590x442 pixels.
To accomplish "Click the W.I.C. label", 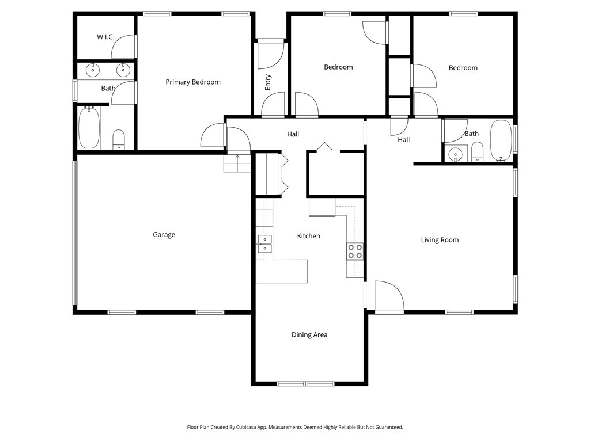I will tap(105, 37).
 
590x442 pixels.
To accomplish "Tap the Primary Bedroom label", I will tap(193, 82).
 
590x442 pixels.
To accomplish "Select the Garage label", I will tap(164, 235).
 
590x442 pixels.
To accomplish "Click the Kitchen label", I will tap(308, 236).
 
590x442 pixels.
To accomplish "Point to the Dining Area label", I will tap(309, 335).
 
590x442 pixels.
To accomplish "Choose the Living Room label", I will tap(440, 240).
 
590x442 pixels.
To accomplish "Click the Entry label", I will tap(268, 82).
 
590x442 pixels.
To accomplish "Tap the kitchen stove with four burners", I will tap(354, 251).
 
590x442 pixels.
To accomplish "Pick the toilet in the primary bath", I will tap(119, 139).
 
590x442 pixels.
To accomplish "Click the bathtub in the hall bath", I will tap(501, 140).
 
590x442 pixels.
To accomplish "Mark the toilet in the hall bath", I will tap(477, 152).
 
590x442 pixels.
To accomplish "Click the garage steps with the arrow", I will tap(238, 163).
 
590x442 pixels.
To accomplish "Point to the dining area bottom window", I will tap(305, 383).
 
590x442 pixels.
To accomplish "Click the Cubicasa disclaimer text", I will tap(294, 428).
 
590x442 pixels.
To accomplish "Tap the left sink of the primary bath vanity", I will tap(93, 70).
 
